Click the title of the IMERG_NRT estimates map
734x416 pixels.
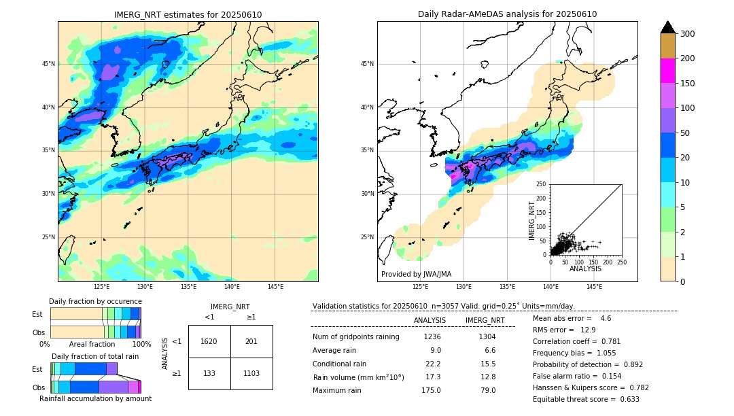pyautogui.click(x=188, y=14)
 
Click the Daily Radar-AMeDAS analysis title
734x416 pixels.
pyautogui.click(x=507, y=14)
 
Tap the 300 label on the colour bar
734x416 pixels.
pyautogui.click(x=688, y=34)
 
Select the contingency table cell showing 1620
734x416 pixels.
pyautogui.click(x=209, y=341)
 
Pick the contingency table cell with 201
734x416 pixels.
pyautogui.click(x=251, y=341)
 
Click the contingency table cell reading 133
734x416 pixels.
pyautogui.click(x=209, y=373)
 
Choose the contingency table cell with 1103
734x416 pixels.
pyautogui.click(x=251, y=373)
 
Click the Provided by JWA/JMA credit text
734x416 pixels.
pyautogui.click(x=416, y=275)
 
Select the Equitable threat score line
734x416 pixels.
pyautogui.click(x=586, y=400)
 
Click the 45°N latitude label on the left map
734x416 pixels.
pyautogui.click(x=48, y=64)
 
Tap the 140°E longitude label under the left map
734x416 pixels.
pyautogui.click(x=232, y=287)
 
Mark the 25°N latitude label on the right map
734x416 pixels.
pyautogui.click(x=367, y=237)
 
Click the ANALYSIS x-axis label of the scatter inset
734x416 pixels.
pyautogui.click(x=585, y=268)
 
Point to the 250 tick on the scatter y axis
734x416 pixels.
pyautogui.click(x=541, y=184)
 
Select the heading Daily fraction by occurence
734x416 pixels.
pyautogui.click(x=95, y=302)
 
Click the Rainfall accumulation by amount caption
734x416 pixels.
pyautogui.click(x=95, y=399)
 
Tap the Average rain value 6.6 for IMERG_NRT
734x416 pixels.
pyautogui.click(x=487, y=351)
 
